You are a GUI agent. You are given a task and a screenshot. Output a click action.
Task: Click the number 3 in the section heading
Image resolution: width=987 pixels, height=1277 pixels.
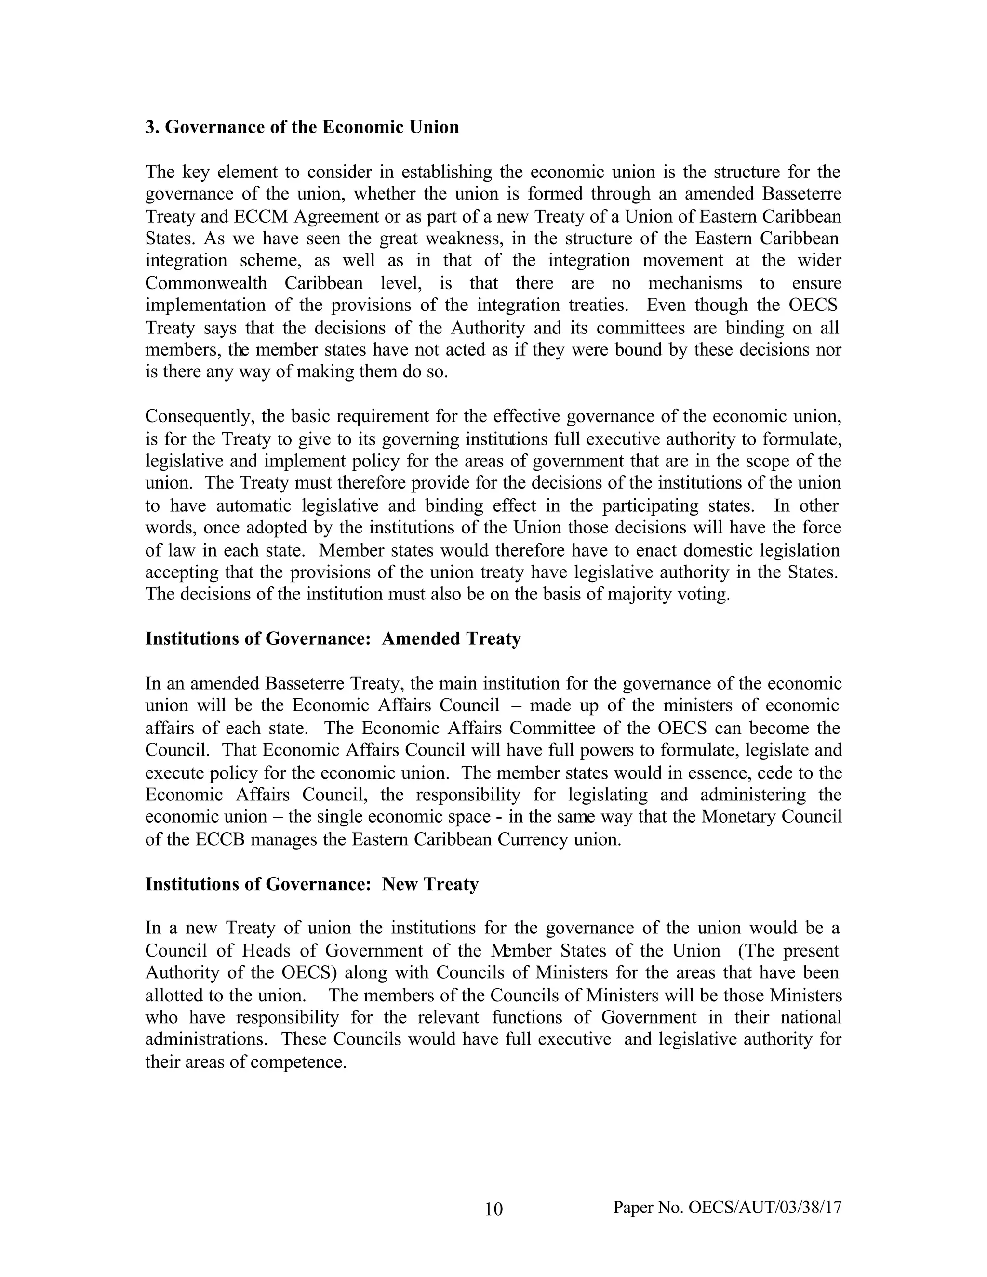pyautogui.click(x=150, y=127)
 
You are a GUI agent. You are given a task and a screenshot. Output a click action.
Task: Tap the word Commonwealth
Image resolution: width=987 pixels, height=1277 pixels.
pyautogui.click(x=206, y=283)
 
